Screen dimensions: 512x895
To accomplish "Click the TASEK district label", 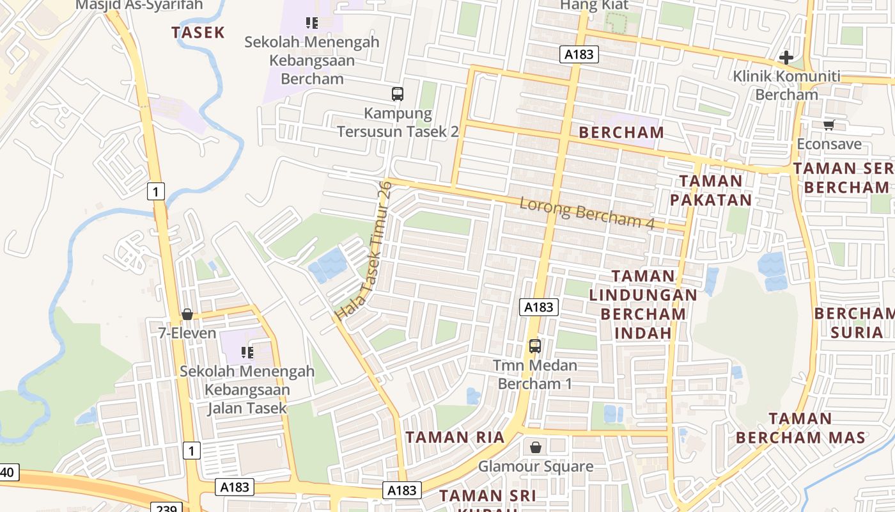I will click(x=198, y=32).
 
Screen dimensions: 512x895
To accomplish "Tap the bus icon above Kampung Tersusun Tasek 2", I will click(x=398, y=94).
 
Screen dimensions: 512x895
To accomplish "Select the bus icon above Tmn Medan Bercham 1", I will click(x=535, y=346).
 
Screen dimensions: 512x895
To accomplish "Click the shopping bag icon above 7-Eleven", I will click(x=187, y=314).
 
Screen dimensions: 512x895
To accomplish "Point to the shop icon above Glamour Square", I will click(x=536, y=447).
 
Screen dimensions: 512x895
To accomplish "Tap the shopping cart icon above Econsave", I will click(x=829, y=125).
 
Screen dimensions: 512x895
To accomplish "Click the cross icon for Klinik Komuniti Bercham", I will click(x=786, y=58).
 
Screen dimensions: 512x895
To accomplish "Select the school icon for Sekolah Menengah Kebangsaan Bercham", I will click(x=312, y=24).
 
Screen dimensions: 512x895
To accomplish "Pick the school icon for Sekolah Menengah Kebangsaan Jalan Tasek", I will click(x=247, y=353).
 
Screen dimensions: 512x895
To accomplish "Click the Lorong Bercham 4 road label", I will click(x=587, y=214).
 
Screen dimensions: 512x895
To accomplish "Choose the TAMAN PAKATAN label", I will click(x=710, y=190).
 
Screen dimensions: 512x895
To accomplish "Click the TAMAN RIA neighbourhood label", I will click(x=455, y=438).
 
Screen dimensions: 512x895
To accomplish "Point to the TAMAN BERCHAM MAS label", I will click(x=800, y=428).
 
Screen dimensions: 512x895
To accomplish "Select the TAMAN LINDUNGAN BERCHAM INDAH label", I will click(x=643, y=305).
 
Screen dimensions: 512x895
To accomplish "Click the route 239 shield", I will click(x=166, y=508).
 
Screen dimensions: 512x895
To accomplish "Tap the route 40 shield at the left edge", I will click(x=8, y=473).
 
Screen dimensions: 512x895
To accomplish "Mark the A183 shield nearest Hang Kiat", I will click(x=579, y=54).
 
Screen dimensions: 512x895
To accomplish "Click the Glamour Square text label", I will click(x=536, y=466).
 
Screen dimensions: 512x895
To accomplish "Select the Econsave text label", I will click(x=829, y=144).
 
